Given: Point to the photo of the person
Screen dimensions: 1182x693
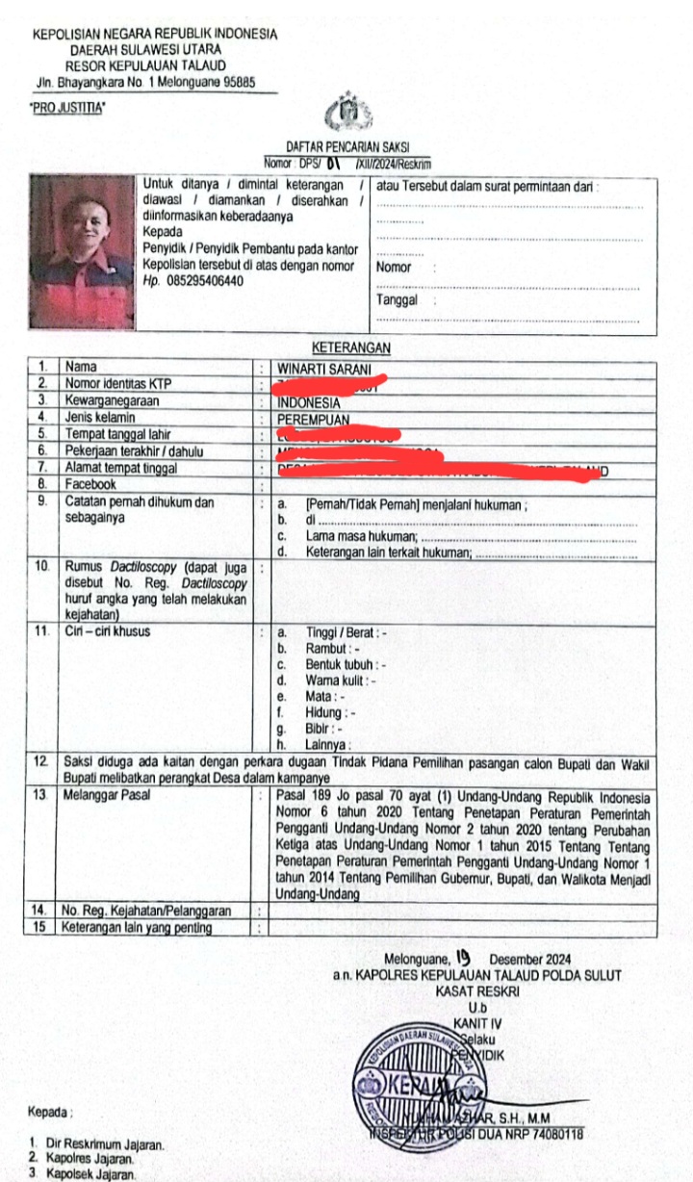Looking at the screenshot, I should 82,252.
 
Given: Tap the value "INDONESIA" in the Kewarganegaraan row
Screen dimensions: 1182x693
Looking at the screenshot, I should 308,402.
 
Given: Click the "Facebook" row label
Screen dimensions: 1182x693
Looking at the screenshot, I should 90,484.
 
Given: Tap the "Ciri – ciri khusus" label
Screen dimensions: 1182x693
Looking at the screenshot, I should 107,632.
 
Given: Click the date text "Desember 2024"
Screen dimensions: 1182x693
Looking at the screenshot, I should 530,959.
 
